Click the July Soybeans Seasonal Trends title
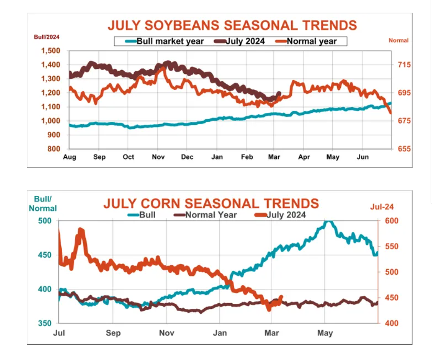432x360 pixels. [x=232, y=25]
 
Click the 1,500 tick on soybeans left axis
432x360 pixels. [x=50, y=51]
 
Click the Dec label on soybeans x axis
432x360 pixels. [x=187, y=157]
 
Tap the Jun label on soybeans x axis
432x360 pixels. [x=362, y=157]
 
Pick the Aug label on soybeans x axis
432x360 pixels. [x=69, y=157]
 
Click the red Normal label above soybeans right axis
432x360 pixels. [x=398, y=40]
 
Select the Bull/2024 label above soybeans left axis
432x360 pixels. [x=47, y=37]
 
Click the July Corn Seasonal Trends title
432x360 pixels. [x=211, y=203]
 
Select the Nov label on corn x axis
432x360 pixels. [x=167, y=333]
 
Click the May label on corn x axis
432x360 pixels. [x=325, y=333]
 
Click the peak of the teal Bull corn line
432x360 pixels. [x=328, y=221]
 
